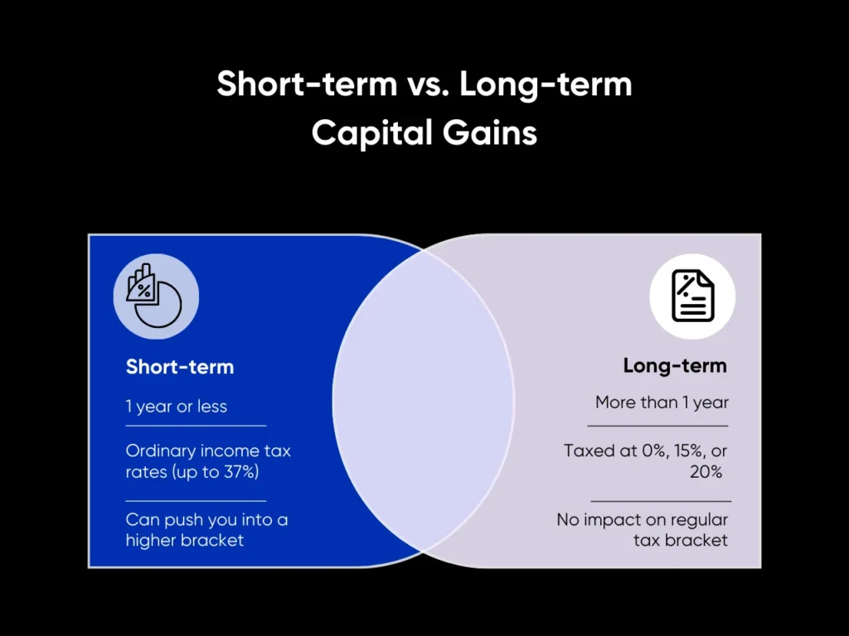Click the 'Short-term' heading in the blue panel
(180, 366)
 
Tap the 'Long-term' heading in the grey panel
(675, 365)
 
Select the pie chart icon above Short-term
(156, 296)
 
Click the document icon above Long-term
(692, 296)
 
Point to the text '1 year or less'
(177, 407)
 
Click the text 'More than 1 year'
(662, 403)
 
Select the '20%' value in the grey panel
(706, 472)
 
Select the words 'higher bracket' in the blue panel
(185, 541)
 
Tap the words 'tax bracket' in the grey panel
(681, 541)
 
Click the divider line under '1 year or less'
(196, 426)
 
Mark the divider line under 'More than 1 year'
(657, 426)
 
